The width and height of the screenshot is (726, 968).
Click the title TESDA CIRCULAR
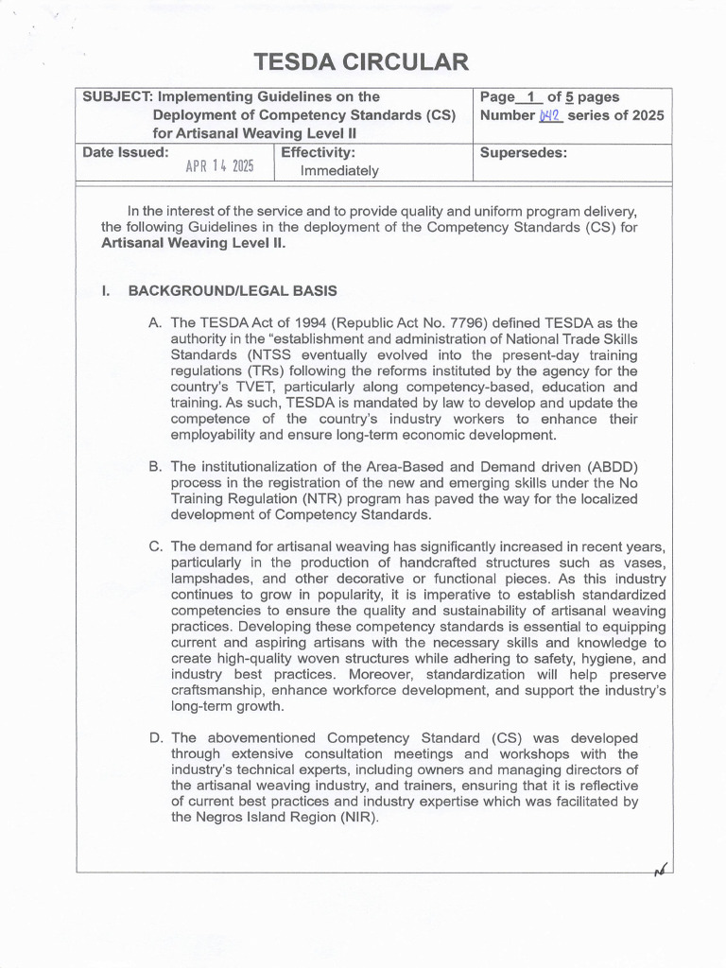361,63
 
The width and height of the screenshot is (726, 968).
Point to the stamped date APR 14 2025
219,166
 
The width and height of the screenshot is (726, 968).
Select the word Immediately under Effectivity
339,171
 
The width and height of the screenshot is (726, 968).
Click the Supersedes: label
524,152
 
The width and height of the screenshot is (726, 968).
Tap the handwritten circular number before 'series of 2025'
550,115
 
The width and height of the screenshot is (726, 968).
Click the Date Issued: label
126,151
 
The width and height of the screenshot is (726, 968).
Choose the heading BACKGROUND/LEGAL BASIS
233,291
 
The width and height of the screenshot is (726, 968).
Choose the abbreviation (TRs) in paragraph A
268,372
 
